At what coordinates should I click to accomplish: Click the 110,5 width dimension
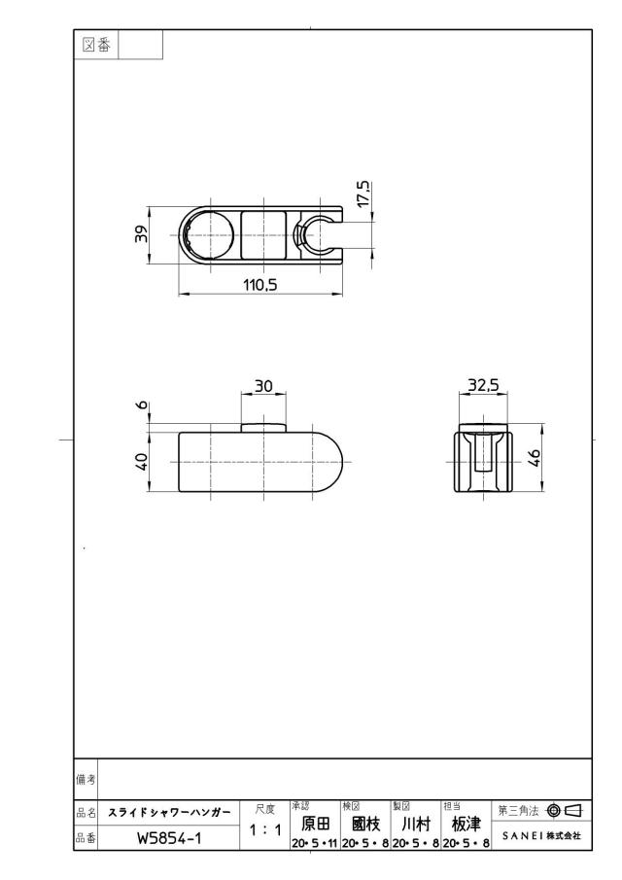tap(260, 285)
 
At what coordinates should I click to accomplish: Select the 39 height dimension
tap(141, 233)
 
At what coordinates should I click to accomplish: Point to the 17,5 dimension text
tap(363, 194)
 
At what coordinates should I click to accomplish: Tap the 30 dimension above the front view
tap(263, 386)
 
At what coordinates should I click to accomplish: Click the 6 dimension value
tap(142, 405)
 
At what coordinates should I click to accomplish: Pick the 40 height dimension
tap(141, 461)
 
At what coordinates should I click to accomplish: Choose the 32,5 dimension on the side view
tap(483, 385)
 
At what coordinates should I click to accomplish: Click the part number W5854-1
tap(169, 838)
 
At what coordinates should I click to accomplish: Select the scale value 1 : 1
tap(265, 830)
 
